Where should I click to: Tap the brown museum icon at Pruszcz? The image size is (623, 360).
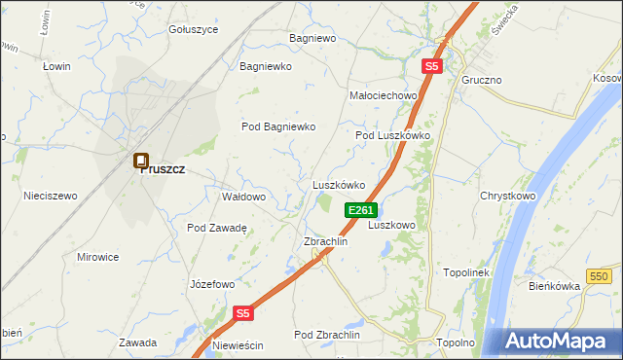click(141, 162)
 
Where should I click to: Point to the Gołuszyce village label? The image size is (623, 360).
click(194, 29)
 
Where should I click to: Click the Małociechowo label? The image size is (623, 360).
click(383, 95)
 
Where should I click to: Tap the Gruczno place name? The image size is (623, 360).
click(482, 79)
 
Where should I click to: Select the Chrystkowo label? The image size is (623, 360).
click(508, 196)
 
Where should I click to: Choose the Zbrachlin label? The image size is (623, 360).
click(326, 241)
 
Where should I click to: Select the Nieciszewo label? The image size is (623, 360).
click(50, 196)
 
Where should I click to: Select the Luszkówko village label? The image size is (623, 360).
click(338, 184)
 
